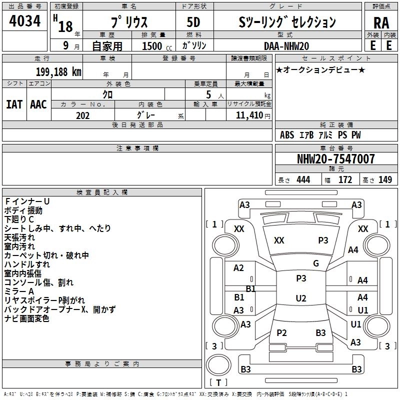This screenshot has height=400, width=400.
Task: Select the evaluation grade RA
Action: pos(381,22)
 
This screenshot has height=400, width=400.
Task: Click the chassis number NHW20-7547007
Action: pos(335,159)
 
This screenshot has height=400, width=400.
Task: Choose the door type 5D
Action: pos(193,22)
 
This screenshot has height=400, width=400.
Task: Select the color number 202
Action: pos(82,115)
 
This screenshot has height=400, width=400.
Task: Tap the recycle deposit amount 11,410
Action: pos(249,115)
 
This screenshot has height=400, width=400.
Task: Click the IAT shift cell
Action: pos(14,104)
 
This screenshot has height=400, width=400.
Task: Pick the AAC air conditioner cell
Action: pos(38,104)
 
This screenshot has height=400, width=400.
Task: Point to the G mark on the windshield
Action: pos(315,263)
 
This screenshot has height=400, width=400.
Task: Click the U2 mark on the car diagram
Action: pos(300,298)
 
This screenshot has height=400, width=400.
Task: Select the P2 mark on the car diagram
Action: pos(281,333)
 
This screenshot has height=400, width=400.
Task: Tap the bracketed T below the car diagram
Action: pos(218,383)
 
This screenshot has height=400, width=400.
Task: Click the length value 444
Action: pos(303,180)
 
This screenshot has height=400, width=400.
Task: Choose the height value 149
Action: pos(385,180)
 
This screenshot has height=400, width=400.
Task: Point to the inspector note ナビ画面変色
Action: pos(27,318)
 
